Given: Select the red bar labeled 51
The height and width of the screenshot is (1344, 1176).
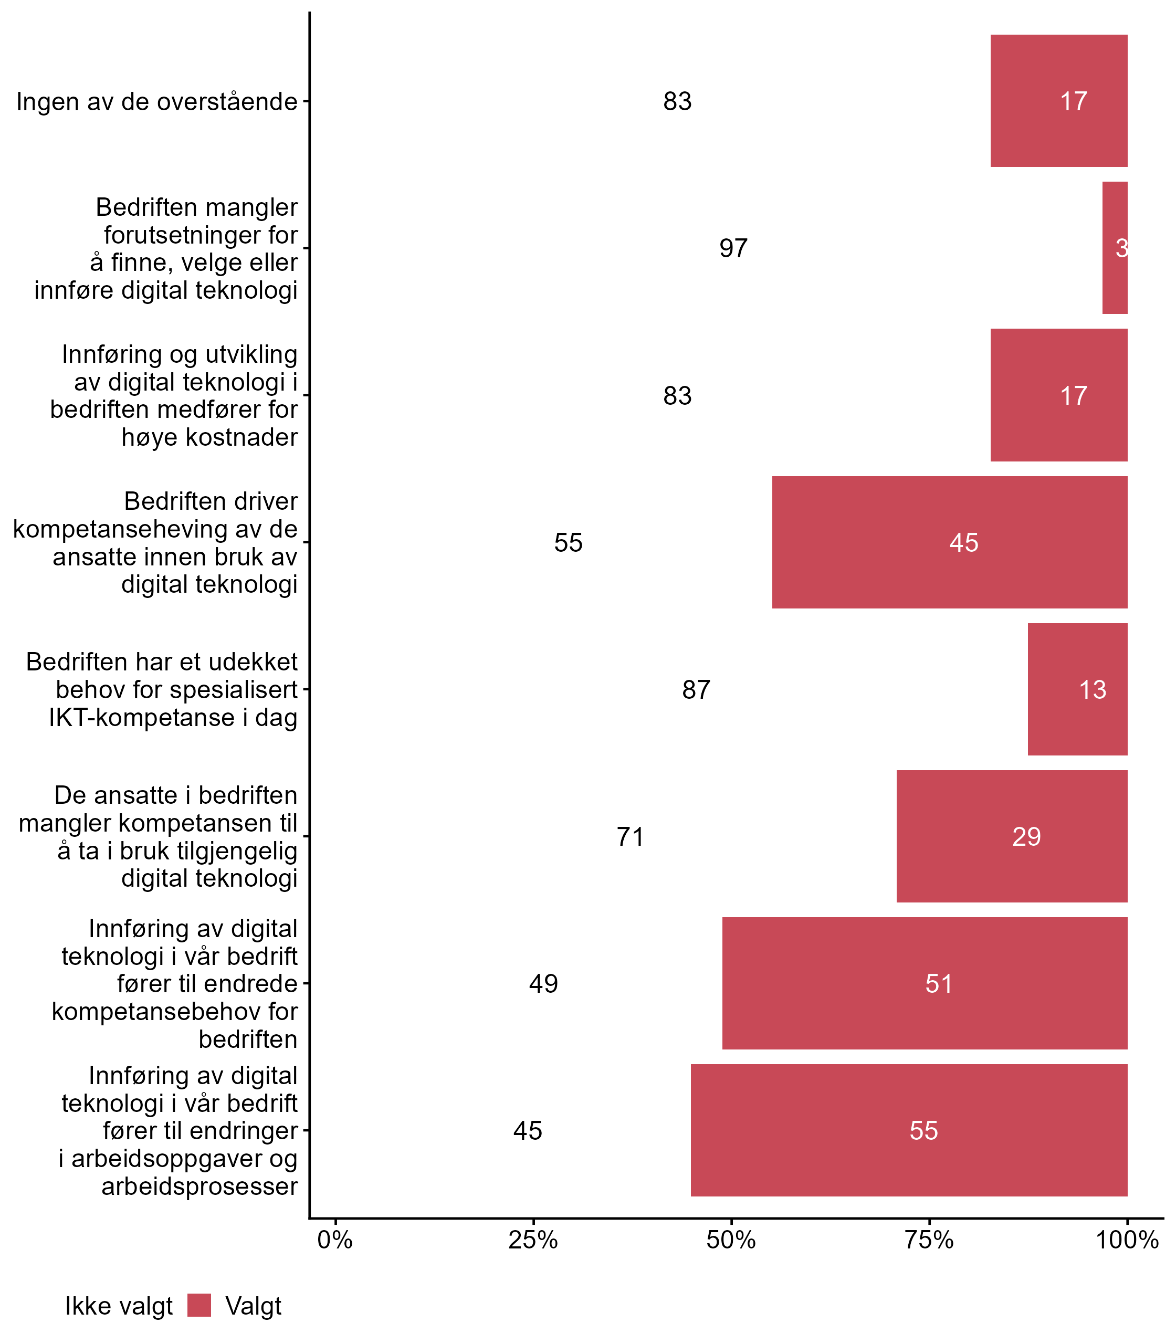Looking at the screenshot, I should pos(925,983).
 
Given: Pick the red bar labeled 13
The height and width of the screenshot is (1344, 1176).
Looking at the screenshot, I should pos(1077,689).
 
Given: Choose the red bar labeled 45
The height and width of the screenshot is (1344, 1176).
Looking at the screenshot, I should pos(950,542).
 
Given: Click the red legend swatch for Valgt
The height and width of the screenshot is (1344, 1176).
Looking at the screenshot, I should pos(199,1305).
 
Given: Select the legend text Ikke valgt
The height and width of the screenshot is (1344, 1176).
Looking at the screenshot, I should pos(119,1306).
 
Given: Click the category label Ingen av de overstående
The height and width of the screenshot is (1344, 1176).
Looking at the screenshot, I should pos(157,102).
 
